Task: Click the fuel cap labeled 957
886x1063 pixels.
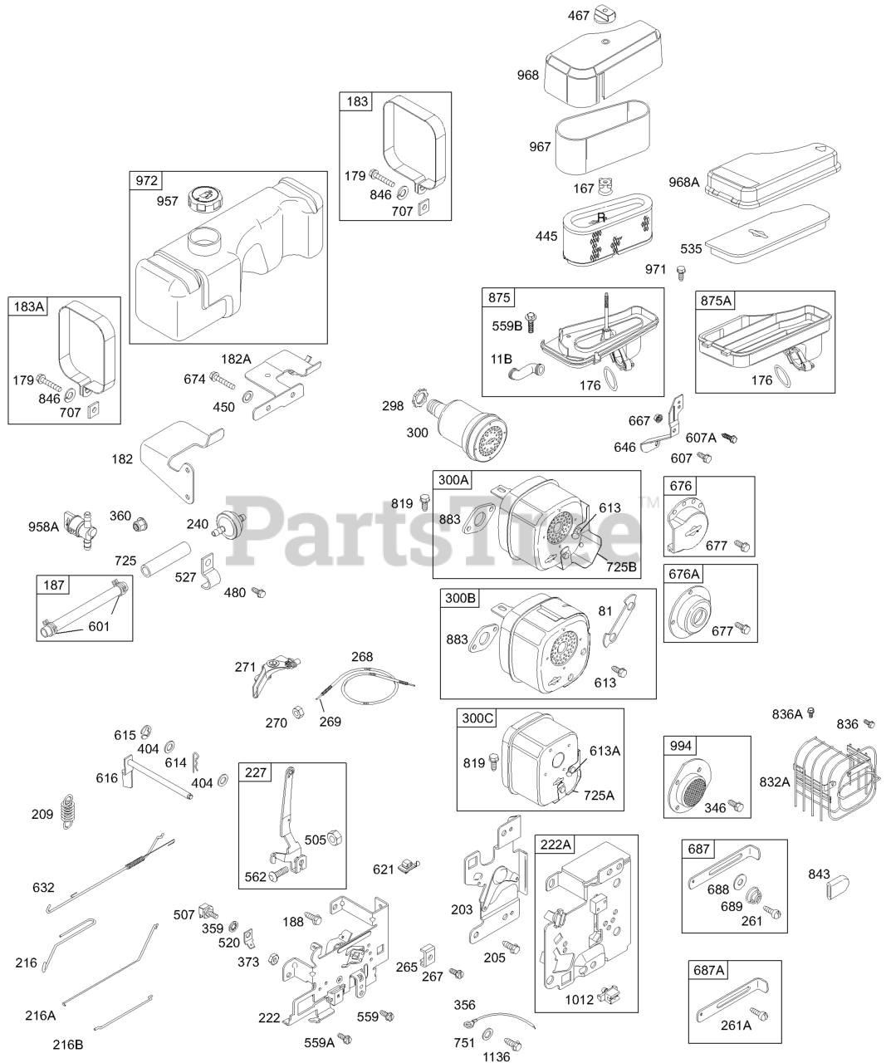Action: (204, 200)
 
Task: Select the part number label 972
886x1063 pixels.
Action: (147, 181)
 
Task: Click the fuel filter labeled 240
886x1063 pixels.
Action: (223, 525)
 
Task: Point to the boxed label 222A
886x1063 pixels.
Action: (556, 845)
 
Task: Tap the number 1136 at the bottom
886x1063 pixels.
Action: (496, 1056)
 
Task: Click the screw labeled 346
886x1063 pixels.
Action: (734, 806)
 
